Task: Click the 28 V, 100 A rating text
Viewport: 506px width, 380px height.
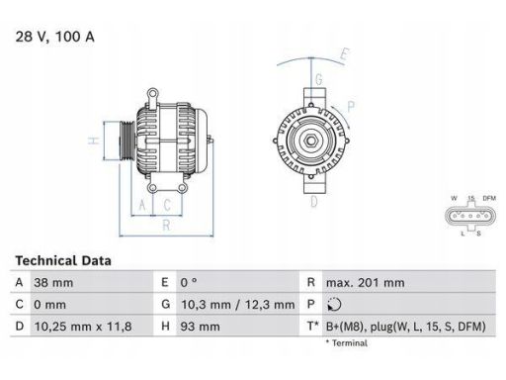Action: tap(54, 37)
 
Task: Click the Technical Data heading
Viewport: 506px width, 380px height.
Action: tap(63, 260)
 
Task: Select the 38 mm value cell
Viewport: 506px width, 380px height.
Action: tap(53, 283)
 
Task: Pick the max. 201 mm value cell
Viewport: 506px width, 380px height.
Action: tap(365, 283)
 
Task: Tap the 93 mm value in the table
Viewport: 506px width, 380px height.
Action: tap(200, 327)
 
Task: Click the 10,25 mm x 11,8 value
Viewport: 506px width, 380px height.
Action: tap(83, 327)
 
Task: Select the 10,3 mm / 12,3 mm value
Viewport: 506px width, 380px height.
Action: tap(237, 305)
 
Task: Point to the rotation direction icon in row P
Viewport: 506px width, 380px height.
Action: tap(334, 305)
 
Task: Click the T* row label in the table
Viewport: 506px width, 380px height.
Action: tap(313, 327)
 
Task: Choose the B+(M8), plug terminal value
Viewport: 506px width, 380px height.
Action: tap(406, 327)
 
